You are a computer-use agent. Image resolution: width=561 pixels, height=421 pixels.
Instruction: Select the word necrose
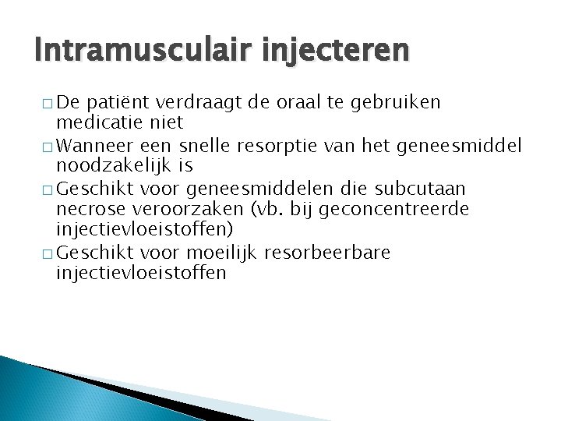85,210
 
